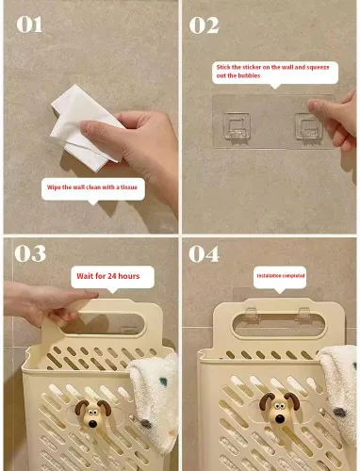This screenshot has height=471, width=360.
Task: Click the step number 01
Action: point(29,24)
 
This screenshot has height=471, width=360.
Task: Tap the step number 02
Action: point(204,25)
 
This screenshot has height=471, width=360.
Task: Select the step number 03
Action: point(30,253)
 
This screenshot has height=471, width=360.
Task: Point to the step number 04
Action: point(204,253)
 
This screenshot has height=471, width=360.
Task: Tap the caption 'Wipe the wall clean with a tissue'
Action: point(92,187)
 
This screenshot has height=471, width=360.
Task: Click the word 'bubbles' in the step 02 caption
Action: point(249,75)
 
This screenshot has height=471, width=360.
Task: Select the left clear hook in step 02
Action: point(237,126)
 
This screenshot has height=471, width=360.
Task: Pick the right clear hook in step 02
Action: point(308,126)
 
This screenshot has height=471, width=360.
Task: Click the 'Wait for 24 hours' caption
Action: point(108,276)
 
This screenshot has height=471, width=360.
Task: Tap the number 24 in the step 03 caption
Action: point(112,276)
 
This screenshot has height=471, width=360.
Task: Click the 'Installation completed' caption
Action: point(281,276)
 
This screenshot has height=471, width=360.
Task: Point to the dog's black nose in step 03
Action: point(92,424)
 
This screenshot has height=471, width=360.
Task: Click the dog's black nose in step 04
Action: point(279,418)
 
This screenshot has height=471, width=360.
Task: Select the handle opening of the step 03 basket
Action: point(102,324)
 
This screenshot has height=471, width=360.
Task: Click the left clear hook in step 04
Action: point(252,315)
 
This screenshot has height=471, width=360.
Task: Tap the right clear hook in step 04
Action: point(303,315)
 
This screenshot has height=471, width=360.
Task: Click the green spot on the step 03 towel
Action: point(163,382)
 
